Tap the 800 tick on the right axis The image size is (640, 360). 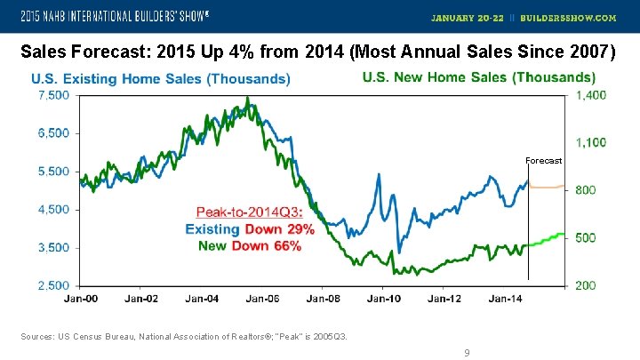pos(586,190)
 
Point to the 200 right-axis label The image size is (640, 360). pos(586,285)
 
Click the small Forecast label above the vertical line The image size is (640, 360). pos(543,161)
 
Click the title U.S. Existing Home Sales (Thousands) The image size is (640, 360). pos(160,79)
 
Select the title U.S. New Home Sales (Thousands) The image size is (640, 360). pos(479,78)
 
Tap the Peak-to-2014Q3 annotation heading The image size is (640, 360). pos(250,212)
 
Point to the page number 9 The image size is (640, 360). pos(466,353)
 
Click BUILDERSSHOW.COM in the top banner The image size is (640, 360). pos(580,17)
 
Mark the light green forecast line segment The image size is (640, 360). pos(547,239)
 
